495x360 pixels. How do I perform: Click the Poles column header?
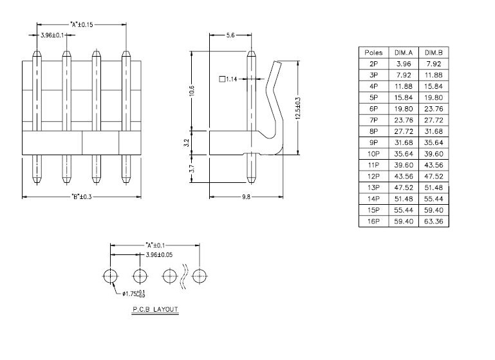(x=373, y=52)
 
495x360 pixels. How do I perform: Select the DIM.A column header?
(x=404, y=52)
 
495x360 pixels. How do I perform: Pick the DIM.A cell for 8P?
(x=404, y=131)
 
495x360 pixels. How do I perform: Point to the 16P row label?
(x=373, y=221)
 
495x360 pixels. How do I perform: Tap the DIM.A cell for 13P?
(x=404, y=187)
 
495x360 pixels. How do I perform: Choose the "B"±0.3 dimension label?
(x=81, y=196)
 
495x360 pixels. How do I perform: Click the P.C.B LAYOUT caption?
(x=155, y=309)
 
